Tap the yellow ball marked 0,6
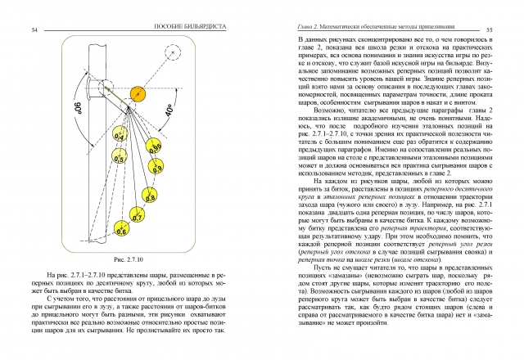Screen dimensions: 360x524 121,232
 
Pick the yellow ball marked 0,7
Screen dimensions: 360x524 137,218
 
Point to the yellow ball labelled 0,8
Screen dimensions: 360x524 150,197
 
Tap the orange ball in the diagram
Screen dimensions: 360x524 138,93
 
